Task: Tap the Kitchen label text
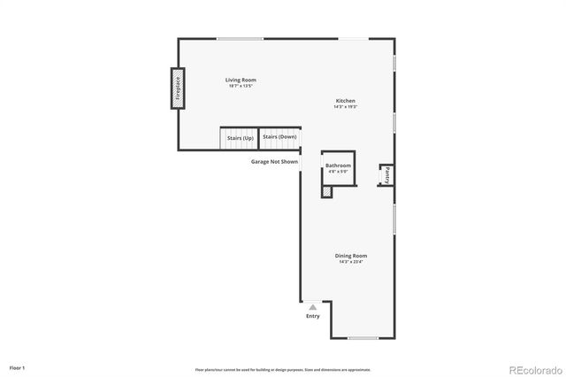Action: point(345,101)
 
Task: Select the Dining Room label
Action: point(351,256)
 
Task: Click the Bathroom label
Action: point(338,165)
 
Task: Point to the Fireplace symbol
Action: point(177,88)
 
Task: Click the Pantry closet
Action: point(386,174)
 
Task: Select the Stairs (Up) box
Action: point(240,138)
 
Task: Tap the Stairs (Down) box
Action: point(279,137)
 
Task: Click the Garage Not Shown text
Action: point(274,162)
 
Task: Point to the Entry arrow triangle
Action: point(312,307)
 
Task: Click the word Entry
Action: point(313,316)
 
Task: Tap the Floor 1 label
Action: point(18,366)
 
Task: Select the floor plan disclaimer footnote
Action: point(283,369)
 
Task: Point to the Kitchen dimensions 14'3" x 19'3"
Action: point(345,107)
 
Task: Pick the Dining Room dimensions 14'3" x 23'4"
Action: point(351,262)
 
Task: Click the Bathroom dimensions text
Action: point(338,172)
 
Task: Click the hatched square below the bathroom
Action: point(326,190)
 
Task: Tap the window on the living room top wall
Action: point(240,38)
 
